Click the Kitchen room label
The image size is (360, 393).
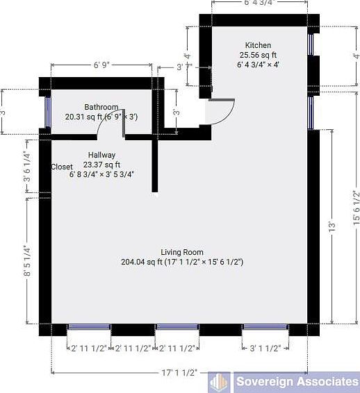[258, 45]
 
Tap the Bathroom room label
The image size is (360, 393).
[101, 107]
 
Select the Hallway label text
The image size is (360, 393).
[101, 155]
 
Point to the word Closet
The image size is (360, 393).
[63, 167]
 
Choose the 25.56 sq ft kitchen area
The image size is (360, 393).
[258, 55]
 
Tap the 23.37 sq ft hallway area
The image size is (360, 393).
[102, 165]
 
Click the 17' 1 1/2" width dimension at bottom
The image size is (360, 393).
[179, 374]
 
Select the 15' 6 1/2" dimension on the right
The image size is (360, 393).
[355, 208]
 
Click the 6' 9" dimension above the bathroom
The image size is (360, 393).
[102, 66]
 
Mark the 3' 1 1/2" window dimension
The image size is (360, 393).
[264, 349]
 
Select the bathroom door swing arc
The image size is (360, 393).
[108, 122]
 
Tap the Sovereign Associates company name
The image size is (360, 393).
[295, 382]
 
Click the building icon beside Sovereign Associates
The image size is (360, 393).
[220, 382]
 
